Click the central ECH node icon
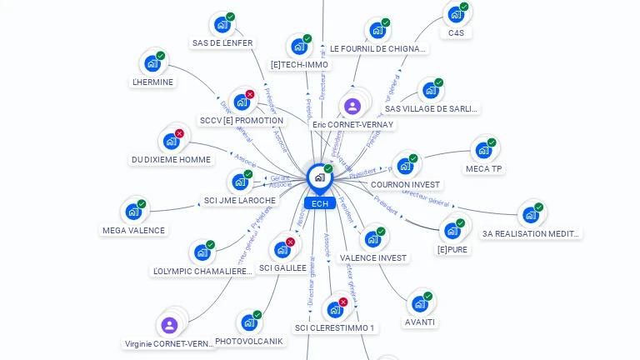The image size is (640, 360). tap(319, 177)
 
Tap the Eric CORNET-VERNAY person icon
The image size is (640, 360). tap(352, 106)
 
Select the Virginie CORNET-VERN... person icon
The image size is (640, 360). tap(169, 325)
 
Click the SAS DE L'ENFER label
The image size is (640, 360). tap(222, 43)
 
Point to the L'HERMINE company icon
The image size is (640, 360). tap(152, 63)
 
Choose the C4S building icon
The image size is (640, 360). tap(455, 14)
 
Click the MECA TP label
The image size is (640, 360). tap(483, 169)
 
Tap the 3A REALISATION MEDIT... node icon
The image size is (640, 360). tap(530, 215)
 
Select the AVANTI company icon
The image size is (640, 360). tap(419, 303)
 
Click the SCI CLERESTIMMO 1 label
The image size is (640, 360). tap(335, 328)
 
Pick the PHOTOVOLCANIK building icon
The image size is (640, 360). tap(248, 322)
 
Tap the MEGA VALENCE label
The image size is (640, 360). tap(133, 231)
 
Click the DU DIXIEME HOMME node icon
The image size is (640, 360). tap(171, 141)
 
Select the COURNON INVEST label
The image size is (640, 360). tap(405, 185)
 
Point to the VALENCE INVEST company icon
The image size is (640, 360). tap(372, 239)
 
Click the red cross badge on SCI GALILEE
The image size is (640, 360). tap(290, 242)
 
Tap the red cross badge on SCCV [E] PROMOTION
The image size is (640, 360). tap(250, 94)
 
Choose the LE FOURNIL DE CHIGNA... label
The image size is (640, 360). tap(378, 49)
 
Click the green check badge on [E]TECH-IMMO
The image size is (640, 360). tap(307, 38)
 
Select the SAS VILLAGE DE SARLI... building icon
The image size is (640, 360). tap(430, 90)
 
